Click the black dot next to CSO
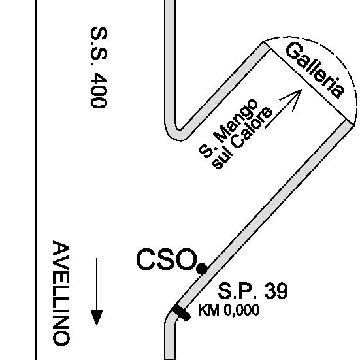(x=202, y=269)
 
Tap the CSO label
(x=167, y=259)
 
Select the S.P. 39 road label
(x=253, y=291)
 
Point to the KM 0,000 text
(x=229, y=310)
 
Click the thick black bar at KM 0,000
(x=182, y=312)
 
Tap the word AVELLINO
(x=61, y=293)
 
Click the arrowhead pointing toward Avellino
(x=97, y=318)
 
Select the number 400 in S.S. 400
(x=99, y=90)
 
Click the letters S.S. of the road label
(x=99, y=46)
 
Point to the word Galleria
(x=315, y=71)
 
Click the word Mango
(x=237, y=120)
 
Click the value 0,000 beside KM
(x=242, y=310)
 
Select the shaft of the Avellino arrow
(x=97, y=284)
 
